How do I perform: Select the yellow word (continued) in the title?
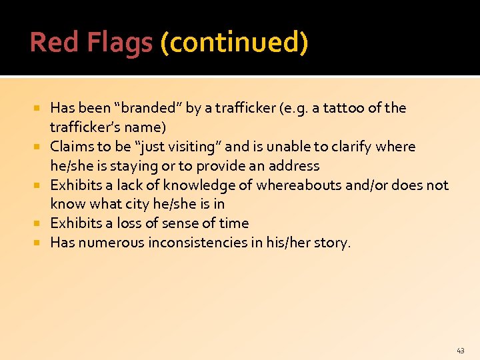pyautogui.click(x=234, y=43)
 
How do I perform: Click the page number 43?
pyautogui.click(x=461, y=350)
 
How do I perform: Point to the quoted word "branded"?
pyautogui.click(x=148, y=108)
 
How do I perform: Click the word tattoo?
pyautogui.click(x=339, y=108)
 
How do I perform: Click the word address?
pyautogui.click(x=294, y=166)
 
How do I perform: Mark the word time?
pyautogui.click(x=234, y=223)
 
